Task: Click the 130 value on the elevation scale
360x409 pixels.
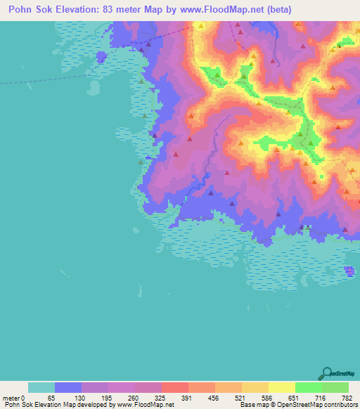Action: pos(81,398)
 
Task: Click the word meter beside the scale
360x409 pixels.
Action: pos(11,398)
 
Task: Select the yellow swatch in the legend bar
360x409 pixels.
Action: pos(281,387)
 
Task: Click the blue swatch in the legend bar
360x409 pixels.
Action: pos(68,387)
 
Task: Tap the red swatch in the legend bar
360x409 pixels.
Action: pos(174,387)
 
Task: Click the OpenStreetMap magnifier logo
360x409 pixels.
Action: pos(326,372)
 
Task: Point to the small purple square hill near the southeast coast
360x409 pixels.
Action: pos(349,271)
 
